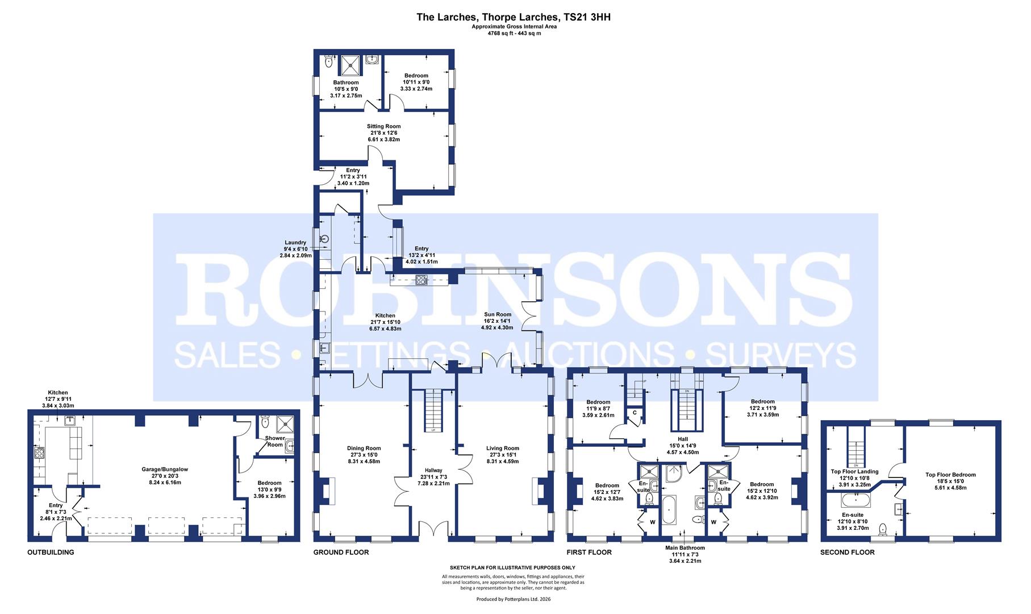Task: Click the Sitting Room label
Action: click(x=383, y=126)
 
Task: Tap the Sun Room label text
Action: click(x=497, y=314)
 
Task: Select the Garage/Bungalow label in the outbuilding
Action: click(x=165, y=470)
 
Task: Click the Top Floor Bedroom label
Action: click(x=950, y=475)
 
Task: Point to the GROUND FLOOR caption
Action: click(x=341, y=552)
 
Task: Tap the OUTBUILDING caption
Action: click(x=51, y=552)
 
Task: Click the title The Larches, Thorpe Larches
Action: click(x=514, y=17)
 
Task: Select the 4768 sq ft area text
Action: click(x=514, y=34)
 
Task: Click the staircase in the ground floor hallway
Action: click(x=433, y=409)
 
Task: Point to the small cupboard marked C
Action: click(x=633, y=413)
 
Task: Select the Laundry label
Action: click(x=296, y=243)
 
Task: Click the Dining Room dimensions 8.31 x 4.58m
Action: click(x=364, y=461)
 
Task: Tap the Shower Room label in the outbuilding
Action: click(x=275, y=441)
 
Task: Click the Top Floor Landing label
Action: click(x=854, y=471)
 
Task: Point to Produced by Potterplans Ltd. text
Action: click(x=513, y=599)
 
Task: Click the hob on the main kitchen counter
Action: click(x=421, y=279)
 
